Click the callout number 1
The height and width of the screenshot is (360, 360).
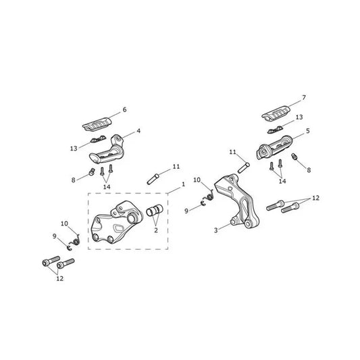tap(183, 184)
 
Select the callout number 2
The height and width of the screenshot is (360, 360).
tap(156, 230)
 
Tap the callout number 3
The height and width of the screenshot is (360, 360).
tap(216, 230)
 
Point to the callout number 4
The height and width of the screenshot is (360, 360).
tap(138, 131)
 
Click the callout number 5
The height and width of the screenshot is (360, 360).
tap(308, 131)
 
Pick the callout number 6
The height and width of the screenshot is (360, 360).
tap(124, 109)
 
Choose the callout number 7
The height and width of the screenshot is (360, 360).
tap(304, 98)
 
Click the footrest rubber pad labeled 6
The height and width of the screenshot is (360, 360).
tap(97, 124)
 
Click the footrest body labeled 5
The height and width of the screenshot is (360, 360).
tap(274, 148)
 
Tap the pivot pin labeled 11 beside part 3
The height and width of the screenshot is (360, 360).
tap(244, 168)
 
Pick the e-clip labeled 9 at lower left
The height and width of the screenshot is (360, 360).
tap(70, 247)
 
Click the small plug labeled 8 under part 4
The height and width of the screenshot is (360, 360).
tap(91, 172)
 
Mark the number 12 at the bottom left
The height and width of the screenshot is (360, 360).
tap(59, 278)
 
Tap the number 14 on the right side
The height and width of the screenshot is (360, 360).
tap(282, 181)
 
